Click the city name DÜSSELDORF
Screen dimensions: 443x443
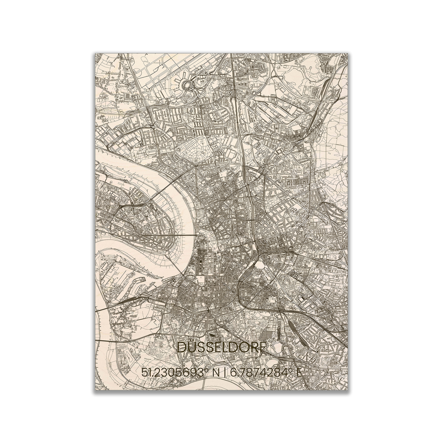click(222, 348)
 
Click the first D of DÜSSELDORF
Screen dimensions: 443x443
click(182, 348)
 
